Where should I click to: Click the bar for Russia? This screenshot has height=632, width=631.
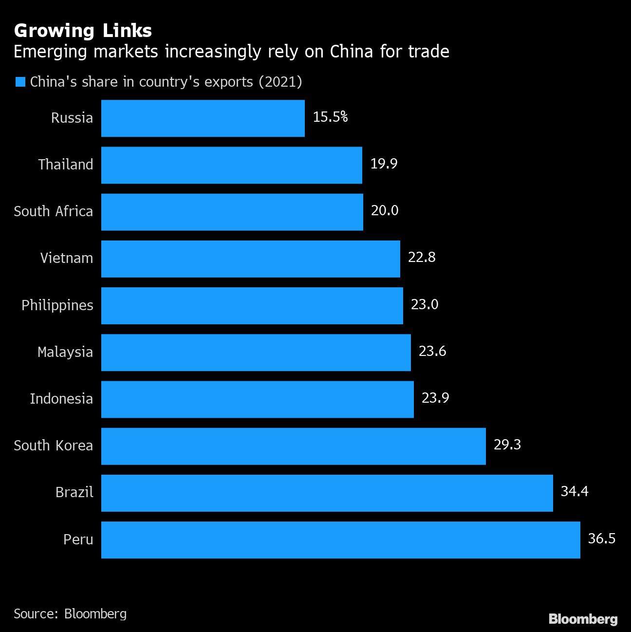click(203, 118)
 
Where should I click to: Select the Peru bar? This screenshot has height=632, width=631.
click(340, 539)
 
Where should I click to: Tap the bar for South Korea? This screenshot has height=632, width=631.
click(293, 446)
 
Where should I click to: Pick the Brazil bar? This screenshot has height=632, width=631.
click(327, 493)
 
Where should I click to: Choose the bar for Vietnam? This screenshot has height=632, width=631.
click(250, 259)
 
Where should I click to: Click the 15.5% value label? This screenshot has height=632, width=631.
click(330, 117)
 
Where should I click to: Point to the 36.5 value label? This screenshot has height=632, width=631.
click(601, 539)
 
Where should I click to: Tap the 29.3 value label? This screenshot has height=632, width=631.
click(507, 445)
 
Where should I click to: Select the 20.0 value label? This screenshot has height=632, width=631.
click(384, 211)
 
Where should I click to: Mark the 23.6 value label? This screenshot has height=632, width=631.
click(432, 352)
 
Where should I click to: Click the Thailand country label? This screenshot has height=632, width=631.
click(66, 165)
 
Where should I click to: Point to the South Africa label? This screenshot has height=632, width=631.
click(53, 211)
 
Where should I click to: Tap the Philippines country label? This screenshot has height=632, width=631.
click(57, 305)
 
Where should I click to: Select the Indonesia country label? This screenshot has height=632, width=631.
click(61, 399)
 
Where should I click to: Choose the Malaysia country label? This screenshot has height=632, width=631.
click(65, 352)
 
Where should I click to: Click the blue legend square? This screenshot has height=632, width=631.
click(20, 82)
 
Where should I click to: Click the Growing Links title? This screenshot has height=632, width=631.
click(83, 31)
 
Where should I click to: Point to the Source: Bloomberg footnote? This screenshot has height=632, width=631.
click(70, 613)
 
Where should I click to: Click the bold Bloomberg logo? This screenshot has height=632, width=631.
click(583, 619)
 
